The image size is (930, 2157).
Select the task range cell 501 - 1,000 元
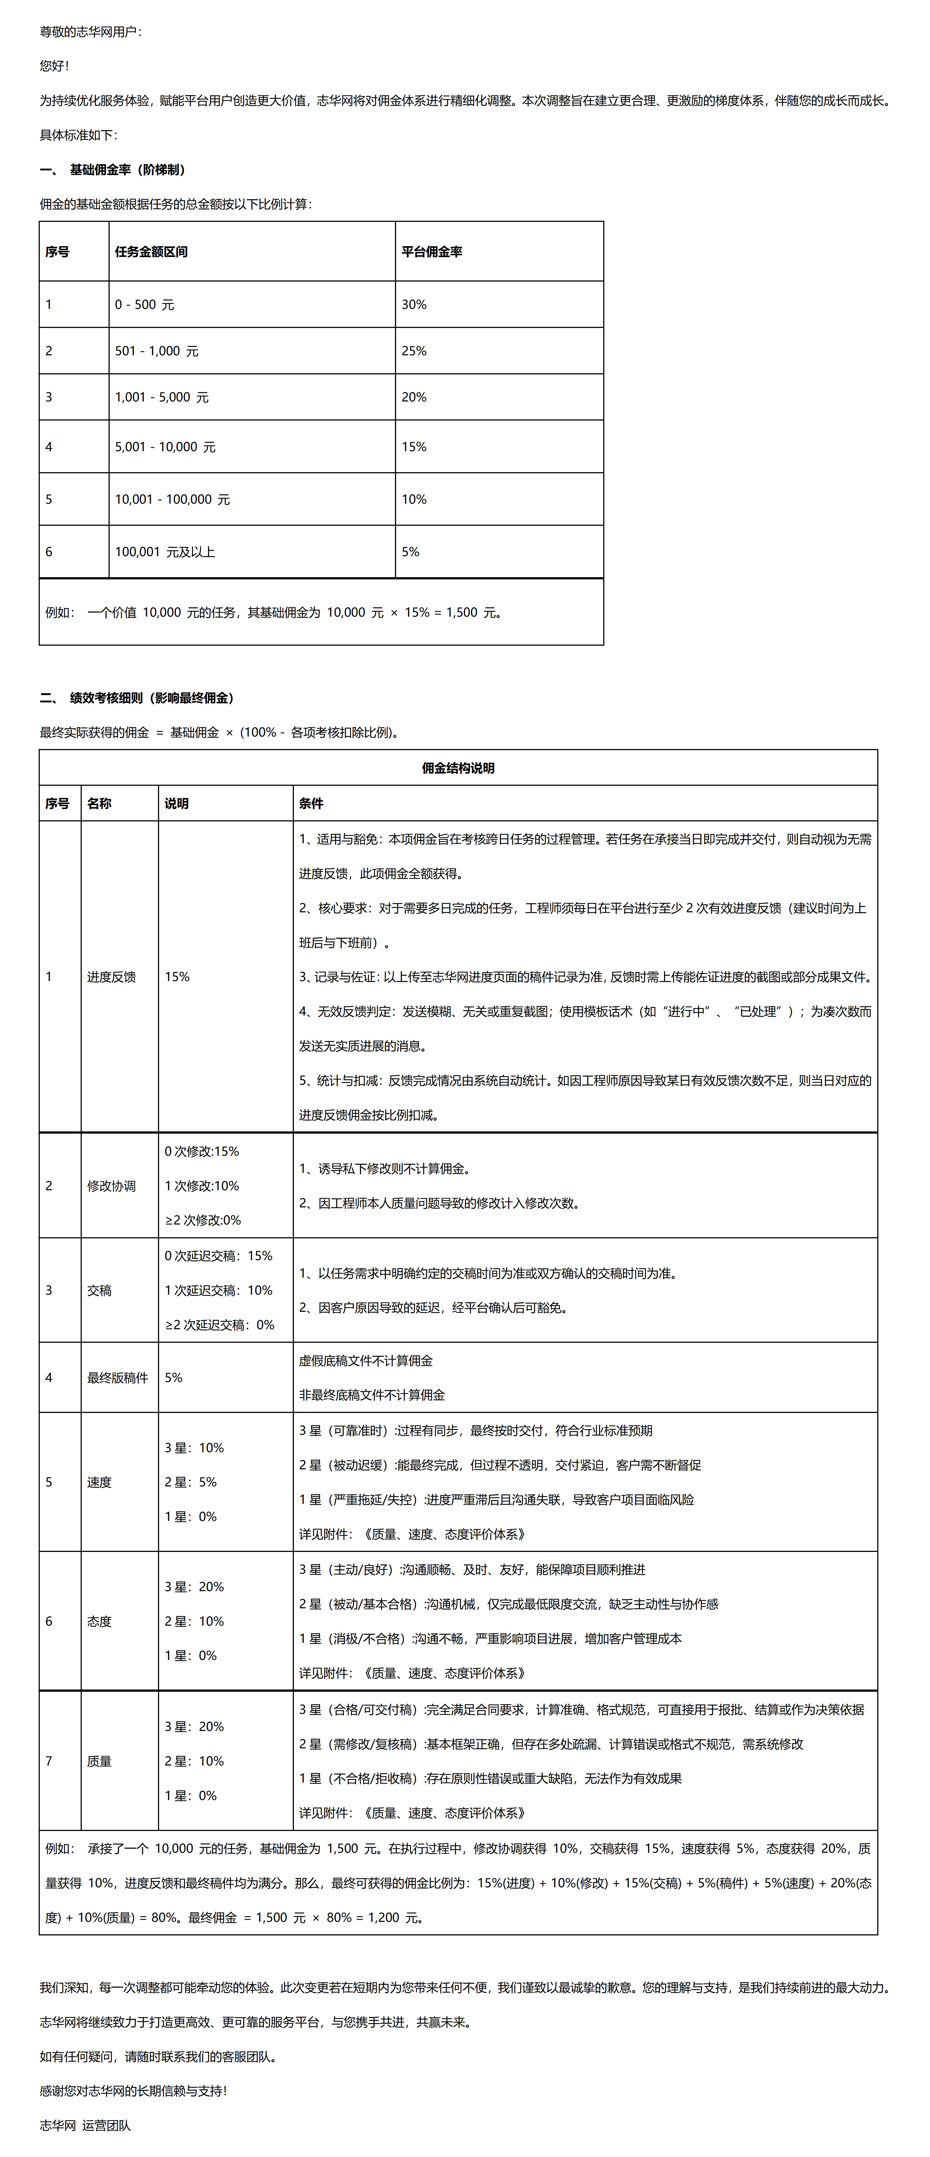(157, 351)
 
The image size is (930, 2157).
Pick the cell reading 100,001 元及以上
(165, 552)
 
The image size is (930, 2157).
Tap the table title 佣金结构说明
(458, 768)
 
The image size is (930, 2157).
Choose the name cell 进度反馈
(111, 976)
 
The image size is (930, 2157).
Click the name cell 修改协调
(111, 1186)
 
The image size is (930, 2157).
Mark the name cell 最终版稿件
(117, 1377)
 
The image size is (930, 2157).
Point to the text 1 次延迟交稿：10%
(218, 1290)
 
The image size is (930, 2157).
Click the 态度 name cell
(100, 1621)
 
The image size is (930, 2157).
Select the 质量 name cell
(100, 1761)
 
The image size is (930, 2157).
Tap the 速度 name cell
(100, 1482)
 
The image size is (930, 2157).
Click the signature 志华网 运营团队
(85, 2125)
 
